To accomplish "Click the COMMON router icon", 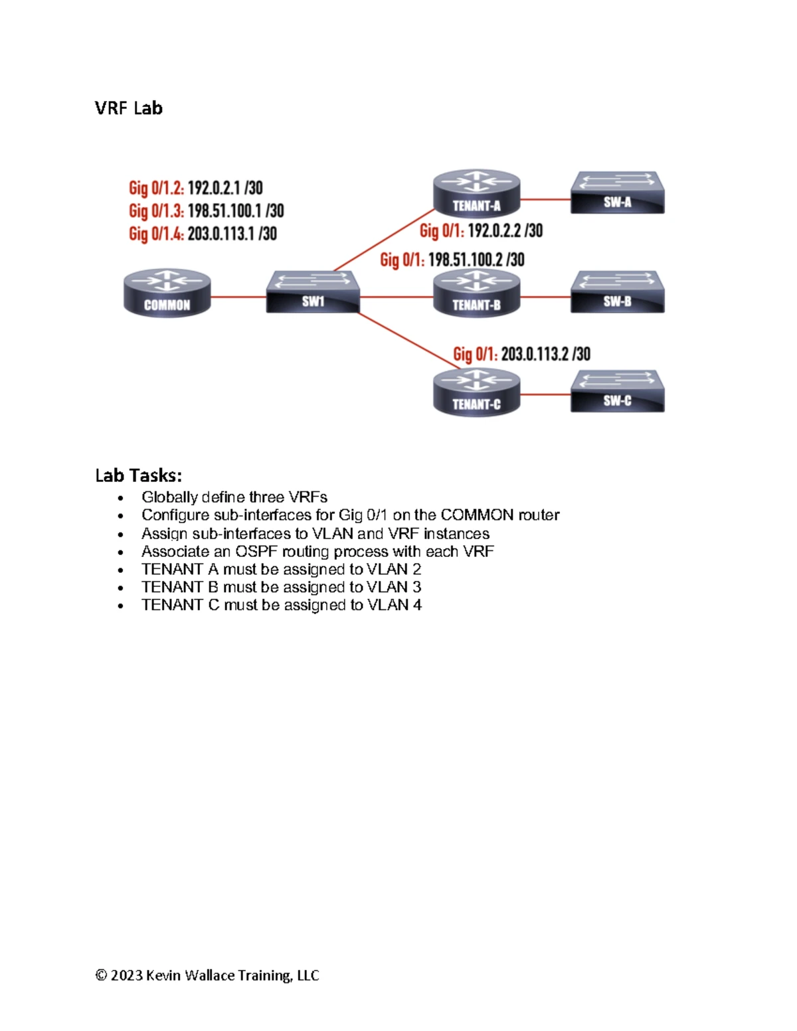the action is click(x=167, y=293).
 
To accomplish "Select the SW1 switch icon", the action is click(x=313, y=292).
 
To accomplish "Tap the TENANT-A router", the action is click(x=477, y=194).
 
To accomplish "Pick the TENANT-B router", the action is click(x=477, y=293).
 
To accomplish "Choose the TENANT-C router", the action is click(x=477, y=392).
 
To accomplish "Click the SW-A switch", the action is click(x=617, y=193).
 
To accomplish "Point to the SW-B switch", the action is click(x=617, y=292).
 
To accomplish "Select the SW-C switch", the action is click(x=617, y=391).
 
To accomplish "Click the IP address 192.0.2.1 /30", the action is click(x=225, y=188).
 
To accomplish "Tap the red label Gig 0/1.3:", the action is click(x=156, y=210).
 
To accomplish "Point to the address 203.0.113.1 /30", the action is click(x=232, y=234).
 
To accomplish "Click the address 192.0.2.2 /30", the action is click(x=505, y=231).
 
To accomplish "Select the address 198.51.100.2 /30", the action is click(x=476, y=260).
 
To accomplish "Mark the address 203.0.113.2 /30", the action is click(x=545, y=354).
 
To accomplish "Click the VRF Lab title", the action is click(x=129, y=108).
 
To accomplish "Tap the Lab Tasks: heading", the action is click(x=139, y=475).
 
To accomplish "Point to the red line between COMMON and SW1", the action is click(x=238, y=297).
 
